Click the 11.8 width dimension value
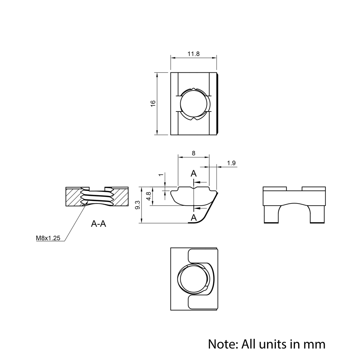coord(194,54)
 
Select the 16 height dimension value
coord(153,103)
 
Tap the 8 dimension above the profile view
coord(194,153)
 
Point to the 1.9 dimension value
coord(232,163)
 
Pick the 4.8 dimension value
coord(148,197)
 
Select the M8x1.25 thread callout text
coord(48,238)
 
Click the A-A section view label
coord(98,224)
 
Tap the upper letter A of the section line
coord(194,173)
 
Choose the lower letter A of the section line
coord(194,218)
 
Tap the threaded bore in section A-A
coord(97,198)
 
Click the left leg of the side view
coord(271,214)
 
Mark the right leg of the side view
coord(317,214)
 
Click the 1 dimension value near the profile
coord(161,175)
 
